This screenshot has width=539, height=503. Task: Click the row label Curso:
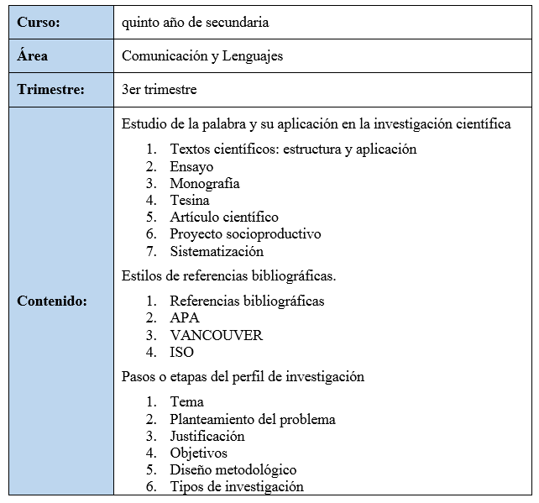(39, 24)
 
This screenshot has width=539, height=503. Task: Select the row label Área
(33, 56)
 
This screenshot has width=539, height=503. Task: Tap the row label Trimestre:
(50, 89)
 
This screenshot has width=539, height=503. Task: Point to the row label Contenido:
(52, 301)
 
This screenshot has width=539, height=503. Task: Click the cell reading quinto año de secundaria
(196, 24)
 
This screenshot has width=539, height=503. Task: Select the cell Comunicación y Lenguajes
(202, 56)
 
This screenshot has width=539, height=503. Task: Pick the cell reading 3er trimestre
(160, 89)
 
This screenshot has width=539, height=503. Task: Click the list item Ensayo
(191, 166)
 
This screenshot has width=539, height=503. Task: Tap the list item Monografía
(205, 183)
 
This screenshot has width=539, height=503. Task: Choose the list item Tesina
(190, 200)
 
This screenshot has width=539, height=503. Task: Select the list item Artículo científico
(224, 217)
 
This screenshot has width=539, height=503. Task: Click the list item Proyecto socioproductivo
(245, 233)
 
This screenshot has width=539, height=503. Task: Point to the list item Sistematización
(217, 250)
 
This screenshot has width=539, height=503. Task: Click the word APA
(185, 318)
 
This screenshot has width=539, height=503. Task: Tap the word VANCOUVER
(216, 335)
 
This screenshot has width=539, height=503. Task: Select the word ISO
(181, 352)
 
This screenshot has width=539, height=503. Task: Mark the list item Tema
(186, 402)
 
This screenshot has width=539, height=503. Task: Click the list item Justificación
(207, 436)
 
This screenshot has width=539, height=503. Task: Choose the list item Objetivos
(198, 453)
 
